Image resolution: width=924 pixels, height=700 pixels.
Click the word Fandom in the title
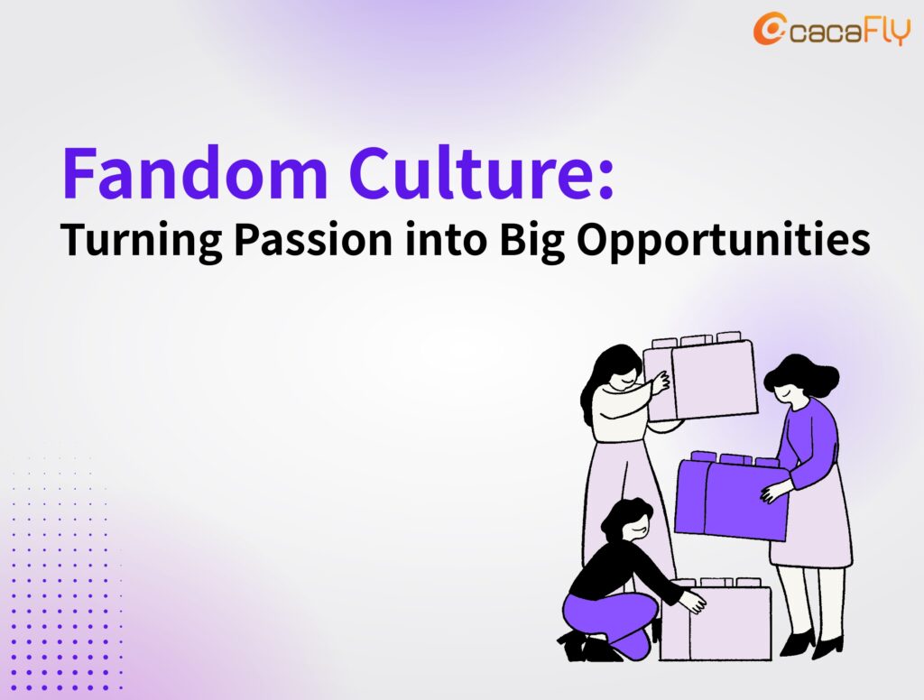click(x=195, y=173)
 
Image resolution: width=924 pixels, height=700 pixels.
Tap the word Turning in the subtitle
click(x=142, y=241)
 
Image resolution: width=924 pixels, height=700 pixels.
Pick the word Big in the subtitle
click(x=531, y=241)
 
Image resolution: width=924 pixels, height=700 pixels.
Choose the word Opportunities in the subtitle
click(x=723, y=241)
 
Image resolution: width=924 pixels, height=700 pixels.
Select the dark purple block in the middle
click(x=731, y=496)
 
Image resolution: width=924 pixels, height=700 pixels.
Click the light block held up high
click(x=700, y=376)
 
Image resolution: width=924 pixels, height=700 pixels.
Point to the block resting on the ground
click(x=716, y=620)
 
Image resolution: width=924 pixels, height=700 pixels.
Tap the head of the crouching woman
click(x=627, y=520)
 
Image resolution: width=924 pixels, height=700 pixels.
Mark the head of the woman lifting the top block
click(x=616, y=368)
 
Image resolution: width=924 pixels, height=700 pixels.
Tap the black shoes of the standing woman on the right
click(x=811, y=644)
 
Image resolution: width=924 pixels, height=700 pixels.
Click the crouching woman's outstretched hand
click(x=693, y=602)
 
